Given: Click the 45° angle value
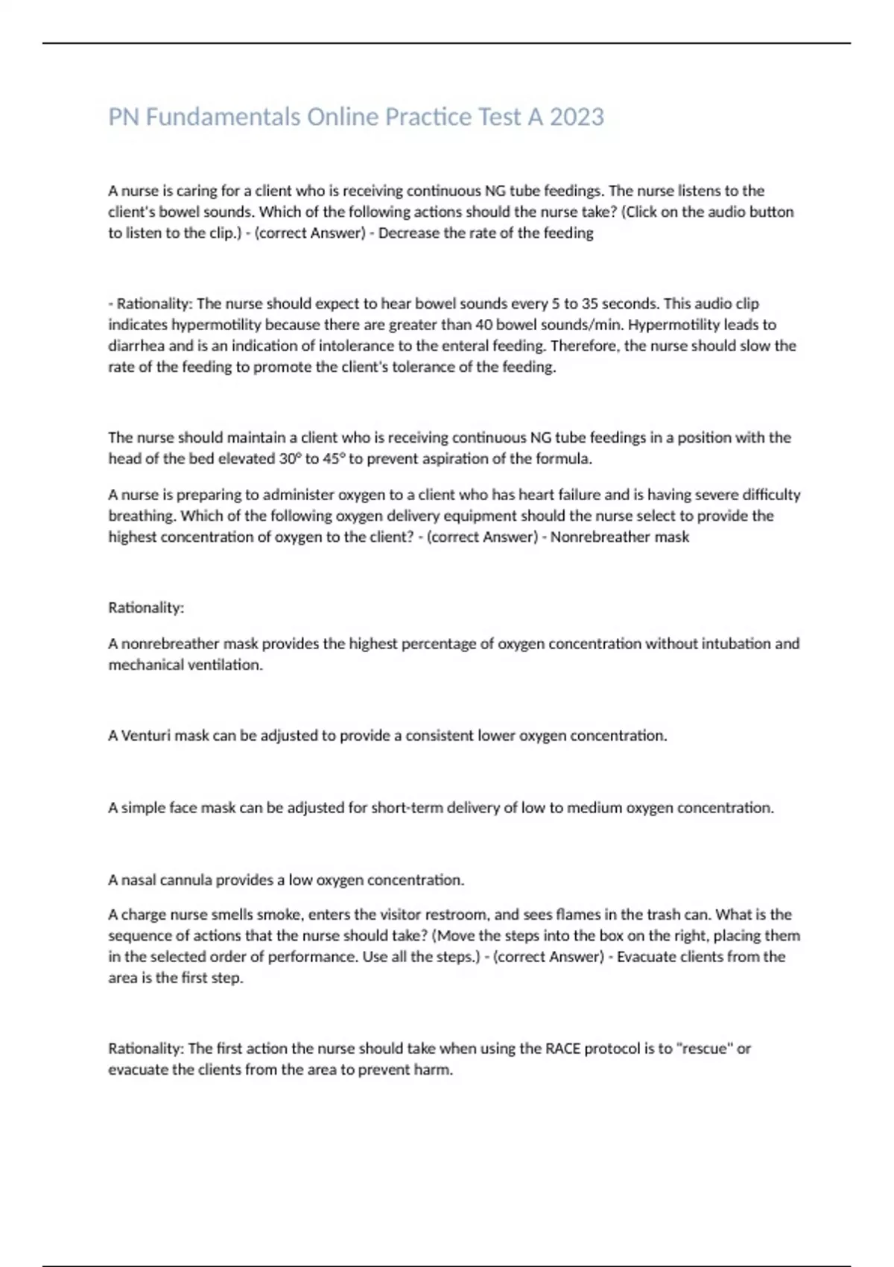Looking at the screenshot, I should click(332, 459).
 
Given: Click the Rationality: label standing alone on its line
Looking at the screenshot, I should click(146, 608).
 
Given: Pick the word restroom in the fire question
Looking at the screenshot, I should click(453, 914).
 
